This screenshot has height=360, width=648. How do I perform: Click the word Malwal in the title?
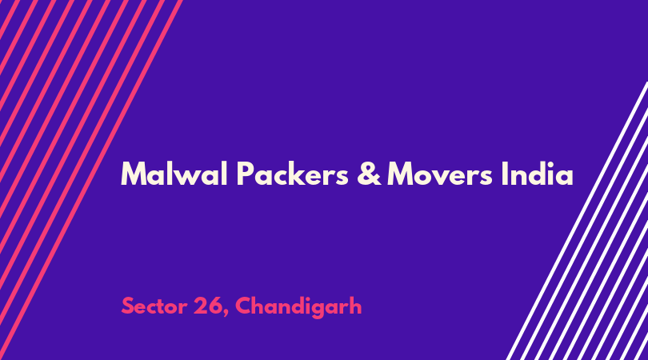(x=174, y=174)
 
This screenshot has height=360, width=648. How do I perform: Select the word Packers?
(x=293, y=174)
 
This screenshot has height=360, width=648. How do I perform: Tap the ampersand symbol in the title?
(x=369, y=174)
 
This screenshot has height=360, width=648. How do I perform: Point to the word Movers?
(x=440, y=174)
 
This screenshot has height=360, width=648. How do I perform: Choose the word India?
(x=538, y=174)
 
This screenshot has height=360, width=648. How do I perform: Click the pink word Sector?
(x=154, y=306)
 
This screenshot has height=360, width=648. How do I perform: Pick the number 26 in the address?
(x=208, y=306)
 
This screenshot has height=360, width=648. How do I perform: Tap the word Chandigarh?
(x=298, y=307)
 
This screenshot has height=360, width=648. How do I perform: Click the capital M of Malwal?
(x=134, y=174)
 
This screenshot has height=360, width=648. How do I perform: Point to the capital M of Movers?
(x=401, y=174)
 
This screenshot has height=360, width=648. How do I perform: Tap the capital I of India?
(x=504, y=174)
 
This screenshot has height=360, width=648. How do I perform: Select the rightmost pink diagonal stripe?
(x=90, y=180)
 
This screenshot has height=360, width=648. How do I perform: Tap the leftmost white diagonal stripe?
(x=577, y=221)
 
